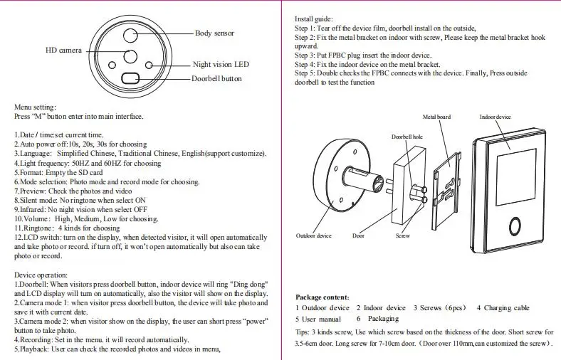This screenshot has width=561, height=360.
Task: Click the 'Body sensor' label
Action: [x=214, y=33]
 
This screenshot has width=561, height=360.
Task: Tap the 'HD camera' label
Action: [x=64, y=51]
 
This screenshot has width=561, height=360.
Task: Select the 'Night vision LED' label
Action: [x=221, y=64]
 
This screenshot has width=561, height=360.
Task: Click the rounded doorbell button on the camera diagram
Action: [x=131, y=79]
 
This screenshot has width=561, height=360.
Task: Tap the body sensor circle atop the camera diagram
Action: [x=131, y=36]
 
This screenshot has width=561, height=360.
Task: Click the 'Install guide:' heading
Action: [x=313, y=18]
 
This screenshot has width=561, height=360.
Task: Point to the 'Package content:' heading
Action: [x=323, y=297]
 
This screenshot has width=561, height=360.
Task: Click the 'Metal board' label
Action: [x=436, y=117]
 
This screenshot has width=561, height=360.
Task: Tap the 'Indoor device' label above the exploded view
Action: [x=495, y=117]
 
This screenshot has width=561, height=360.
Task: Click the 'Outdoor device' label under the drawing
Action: [x=314, y=235]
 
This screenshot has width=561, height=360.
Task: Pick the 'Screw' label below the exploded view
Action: [x=402, y=235]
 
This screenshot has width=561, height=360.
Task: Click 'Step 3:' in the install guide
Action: [x=307, y=54]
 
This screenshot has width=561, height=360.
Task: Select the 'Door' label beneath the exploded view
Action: [x=358, y=235]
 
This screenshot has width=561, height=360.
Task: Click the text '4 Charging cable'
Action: [x=503, y=308]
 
